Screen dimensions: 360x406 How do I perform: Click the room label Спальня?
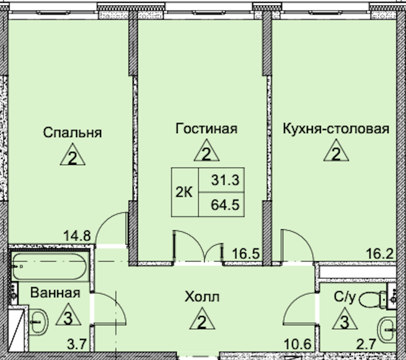(x=72, y=132)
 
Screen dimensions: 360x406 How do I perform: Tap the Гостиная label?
(x=206, y=128)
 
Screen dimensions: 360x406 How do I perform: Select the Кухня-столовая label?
(x=336, y=128)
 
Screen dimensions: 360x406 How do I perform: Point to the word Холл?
(x=202, y=297)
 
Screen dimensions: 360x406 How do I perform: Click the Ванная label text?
(x=55, y=293)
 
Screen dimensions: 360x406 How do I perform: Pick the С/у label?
(x=344, y=297)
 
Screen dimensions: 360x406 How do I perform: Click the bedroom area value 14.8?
(x=77, y=236)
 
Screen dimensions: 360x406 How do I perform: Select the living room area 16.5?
(x=246, y=254)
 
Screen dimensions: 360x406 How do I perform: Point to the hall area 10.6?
(x=298, y=344)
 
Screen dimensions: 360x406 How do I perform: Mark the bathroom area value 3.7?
(x=77, y=344)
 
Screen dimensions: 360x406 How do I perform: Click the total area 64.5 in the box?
(x=225, y=205)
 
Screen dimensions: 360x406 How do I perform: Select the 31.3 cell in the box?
(x=225, y=180)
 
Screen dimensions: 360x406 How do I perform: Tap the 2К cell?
(x=184, y=192)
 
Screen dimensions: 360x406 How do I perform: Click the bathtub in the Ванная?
(x=50, y=267)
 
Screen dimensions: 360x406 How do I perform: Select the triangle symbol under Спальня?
(x=72, y=155)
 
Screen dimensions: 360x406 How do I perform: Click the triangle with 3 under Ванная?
(x=68, y=316)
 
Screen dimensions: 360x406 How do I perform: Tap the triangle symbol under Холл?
(x=202, y=320)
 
